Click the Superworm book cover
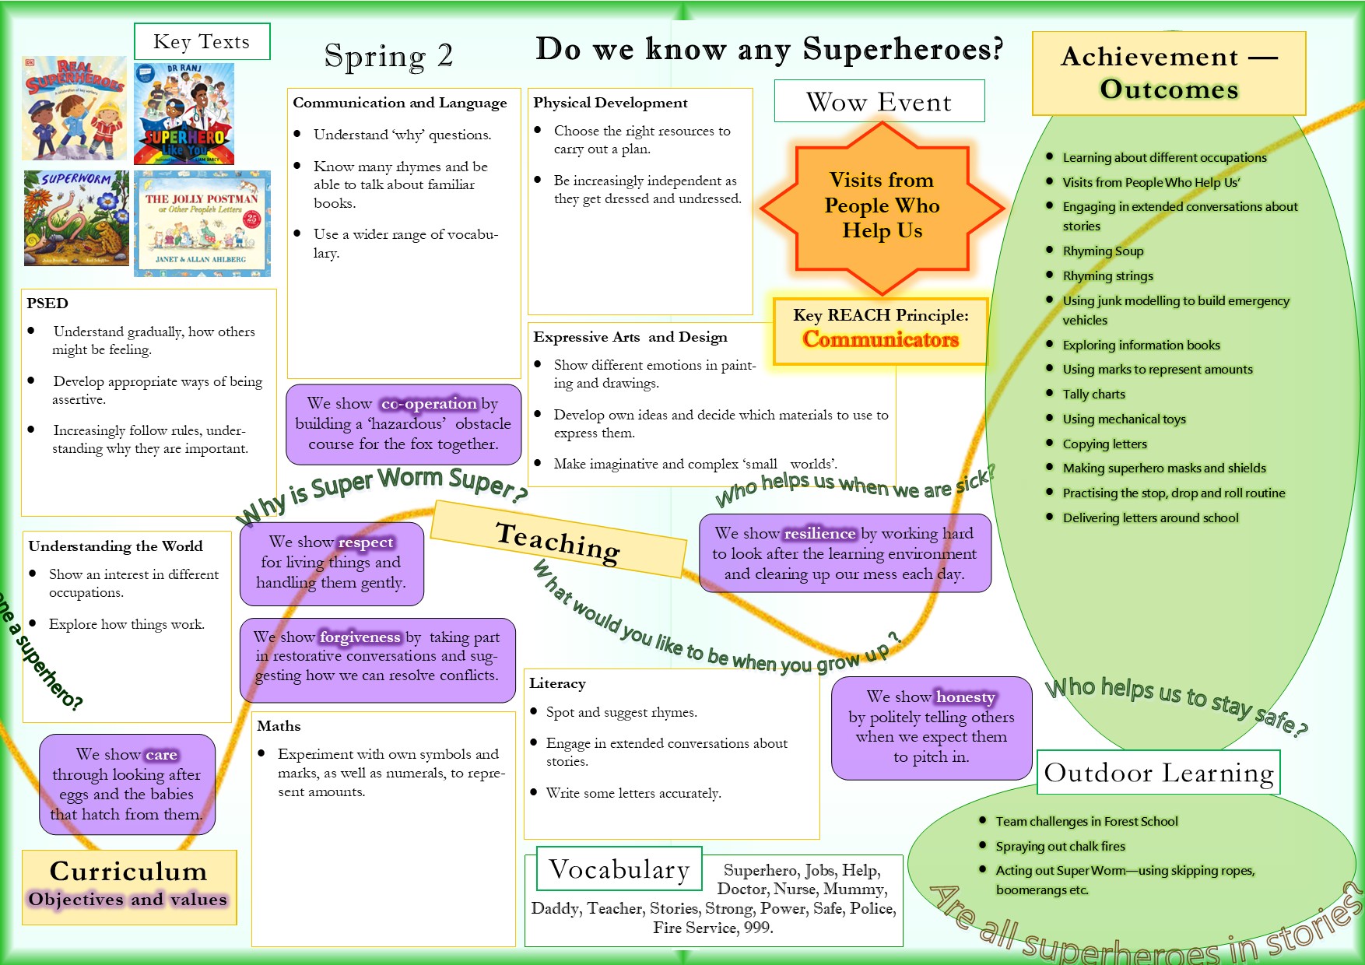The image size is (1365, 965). tap(75, 219)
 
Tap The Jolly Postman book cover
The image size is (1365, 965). tap(202, 223)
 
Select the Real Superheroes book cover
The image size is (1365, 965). tap(75, 107)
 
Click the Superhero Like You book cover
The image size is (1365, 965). tap(184, 114)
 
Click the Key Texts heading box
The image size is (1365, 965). tap(202, 41)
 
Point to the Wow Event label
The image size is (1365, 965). tap(879, 101)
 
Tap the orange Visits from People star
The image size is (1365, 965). tap(882, 206)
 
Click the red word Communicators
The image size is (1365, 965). tap(880, 339)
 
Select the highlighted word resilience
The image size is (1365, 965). tap(819, 534)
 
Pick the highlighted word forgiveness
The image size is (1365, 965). tap(360, 637)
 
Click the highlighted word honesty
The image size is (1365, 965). tap(965, 697)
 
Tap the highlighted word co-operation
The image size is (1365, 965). tap(429, 404)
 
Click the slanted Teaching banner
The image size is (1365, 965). tap(558, 541)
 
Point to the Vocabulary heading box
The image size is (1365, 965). tap(619, 869)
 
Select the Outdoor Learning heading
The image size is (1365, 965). tap(1158, 773)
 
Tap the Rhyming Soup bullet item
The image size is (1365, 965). tap(1103, 251)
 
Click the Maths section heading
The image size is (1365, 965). tap(279, 726)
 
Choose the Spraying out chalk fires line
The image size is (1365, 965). tap(1060, 847)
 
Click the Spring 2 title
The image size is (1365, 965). tap(388, 56)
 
